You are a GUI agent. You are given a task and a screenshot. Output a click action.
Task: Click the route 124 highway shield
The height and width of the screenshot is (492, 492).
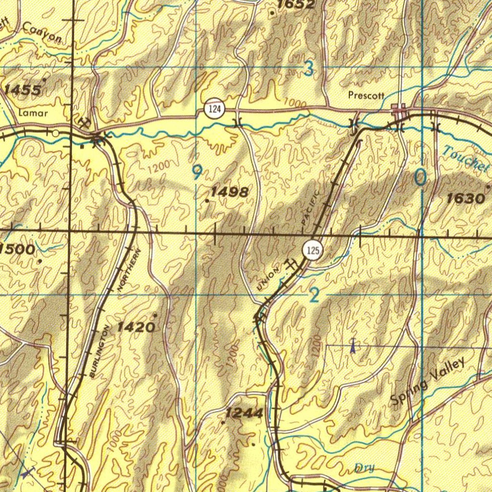214,109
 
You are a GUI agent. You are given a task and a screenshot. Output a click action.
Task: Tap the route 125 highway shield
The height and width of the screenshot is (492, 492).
312,250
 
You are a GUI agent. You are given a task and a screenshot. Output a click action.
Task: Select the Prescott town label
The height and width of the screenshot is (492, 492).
366,96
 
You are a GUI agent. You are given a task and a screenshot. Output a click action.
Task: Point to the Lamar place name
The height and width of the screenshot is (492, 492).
33,113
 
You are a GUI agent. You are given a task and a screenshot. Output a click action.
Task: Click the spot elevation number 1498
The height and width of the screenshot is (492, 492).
230,192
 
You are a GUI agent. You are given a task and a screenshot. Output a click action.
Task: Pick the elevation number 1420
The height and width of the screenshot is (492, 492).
136,328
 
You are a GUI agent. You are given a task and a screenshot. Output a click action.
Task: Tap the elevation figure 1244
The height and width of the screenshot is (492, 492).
245,413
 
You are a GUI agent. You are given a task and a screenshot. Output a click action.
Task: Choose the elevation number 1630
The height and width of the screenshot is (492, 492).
465,198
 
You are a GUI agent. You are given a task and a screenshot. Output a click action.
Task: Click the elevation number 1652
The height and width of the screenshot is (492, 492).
296,5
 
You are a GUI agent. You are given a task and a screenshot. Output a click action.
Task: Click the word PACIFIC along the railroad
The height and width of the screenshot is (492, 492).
310,208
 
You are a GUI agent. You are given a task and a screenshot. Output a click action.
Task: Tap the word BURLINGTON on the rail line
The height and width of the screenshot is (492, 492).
100,350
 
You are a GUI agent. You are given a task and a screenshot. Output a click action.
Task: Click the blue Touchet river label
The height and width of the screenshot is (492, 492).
466,159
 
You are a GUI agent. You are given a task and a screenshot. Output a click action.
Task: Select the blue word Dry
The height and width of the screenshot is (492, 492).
364,467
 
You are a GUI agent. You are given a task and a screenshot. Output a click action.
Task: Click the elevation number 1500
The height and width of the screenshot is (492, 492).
17,249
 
